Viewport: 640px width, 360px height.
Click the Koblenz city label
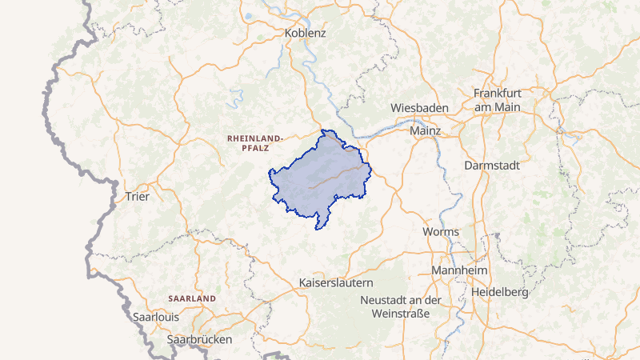[306, 34]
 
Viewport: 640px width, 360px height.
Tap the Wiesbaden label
[419, 107]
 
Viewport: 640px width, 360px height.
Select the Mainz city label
[425, 130]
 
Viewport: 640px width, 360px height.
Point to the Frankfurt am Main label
[496, 100]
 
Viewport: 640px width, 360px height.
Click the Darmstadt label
[492, 166]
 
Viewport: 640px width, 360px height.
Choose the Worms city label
[441, 232]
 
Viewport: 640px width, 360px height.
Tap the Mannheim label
[459, 271]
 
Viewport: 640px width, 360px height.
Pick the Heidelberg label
[500, 292]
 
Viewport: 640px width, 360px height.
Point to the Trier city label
[132, 196]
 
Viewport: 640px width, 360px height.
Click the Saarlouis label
[155, 317]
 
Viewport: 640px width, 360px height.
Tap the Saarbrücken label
[199, 339]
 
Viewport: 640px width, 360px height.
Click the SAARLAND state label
[192, 298]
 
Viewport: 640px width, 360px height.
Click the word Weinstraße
[402, 314]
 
